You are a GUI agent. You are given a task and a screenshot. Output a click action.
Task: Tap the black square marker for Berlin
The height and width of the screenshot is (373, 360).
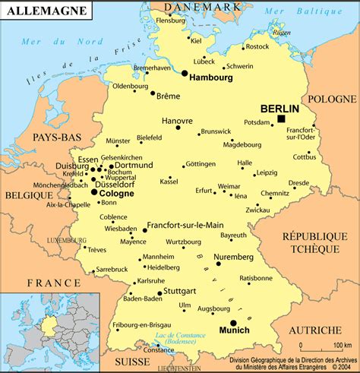(281, 119)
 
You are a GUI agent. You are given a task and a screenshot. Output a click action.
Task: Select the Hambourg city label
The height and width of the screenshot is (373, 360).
(212, 77)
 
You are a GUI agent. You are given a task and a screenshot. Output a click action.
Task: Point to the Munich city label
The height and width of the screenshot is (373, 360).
(234, 331)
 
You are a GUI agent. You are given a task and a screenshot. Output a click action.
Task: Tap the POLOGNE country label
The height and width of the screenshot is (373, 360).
(330, 100)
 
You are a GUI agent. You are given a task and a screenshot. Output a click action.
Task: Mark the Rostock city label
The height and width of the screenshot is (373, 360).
(257, 46)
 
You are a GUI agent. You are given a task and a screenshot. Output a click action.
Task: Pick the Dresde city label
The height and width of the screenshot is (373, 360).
(298, 182)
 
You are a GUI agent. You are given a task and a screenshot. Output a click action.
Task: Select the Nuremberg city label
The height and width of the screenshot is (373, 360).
(234, 258)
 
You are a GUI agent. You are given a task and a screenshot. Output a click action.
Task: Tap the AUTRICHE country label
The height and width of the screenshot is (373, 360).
(315, 330)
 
